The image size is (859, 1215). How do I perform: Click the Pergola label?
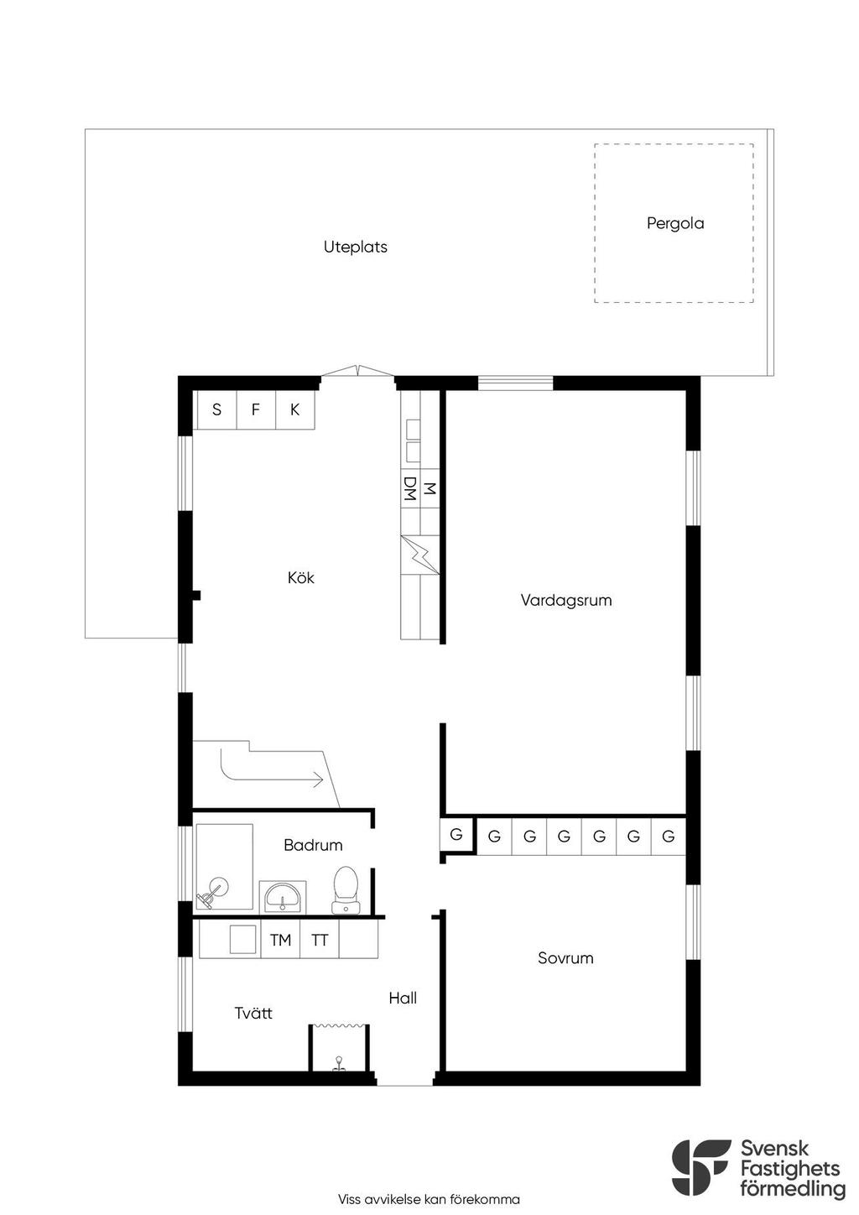click(x=675, y=223)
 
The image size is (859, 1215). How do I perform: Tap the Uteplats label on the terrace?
click(x=355, y=247)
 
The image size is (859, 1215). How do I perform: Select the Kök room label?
click(x=301, y=577)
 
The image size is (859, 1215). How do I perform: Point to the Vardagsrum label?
click(x=566, y=600)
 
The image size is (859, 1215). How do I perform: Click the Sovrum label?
click(x=565, y=958)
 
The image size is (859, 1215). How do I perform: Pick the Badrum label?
click(x=313, y=844)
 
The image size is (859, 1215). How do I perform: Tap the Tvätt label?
click(x=253, y=1013)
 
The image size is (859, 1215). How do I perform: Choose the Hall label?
click(x=403, y=998)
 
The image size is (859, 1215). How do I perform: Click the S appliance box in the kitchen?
click(x=216, y=410)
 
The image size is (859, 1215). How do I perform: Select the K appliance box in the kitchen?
click(x=295, y=410)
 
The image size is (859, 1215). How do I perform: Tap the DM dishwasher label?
click(x=410, y=488)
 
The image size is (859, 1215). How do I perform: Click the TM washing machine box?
click(x=280, y=940)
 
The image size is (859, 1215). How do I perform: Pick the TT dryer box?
click(x=320, y=940)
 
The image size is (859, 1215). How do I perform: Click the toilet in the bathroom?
click(x=346, y=890)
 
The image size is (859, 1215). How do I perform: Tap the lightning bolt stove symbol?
click(x=419, y=555)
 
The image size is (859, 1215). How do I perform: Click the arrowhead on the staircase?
click(x=318, y=780)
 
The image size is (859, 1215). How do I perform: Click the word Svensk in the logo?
click(x=775, y=1149)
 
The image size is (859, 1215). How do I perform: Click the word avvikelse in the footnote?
click(x=393, y=1199)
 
